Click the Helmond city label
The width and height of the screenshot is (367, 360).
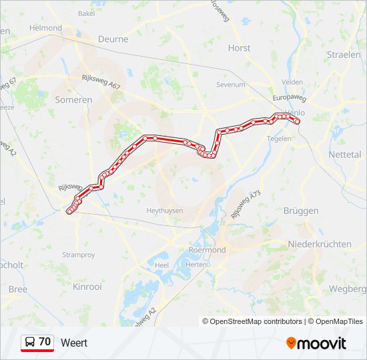tap(45, 28)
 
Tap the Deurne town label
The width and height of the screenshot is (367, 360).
tap(113, 39)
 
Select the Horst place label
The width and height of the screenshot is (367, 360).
tap(239, 48)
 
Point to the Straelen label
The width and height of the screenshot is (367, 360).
tap(344, 55)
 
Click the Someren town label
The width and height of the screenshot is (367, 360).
tap(75, 99)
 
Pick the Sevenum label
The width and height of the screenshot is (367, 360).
tap(231, 85)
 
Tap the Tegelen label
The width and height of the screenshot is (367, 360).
tap(279, 139)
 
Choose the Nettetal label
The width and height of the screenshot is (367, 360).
tap(344, 154)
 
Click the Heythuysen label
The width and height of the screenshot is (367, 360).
tap(164, 210)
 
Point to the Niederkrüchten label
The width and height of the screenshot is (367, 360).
tap(320, 244)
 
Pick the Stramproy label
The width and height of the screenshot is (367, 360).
tap(78, 255)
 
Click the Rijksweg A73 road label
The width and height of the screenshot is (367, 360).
tap(244, 204)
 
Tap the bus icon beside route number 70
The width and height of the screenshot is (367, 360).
tap(30, 342)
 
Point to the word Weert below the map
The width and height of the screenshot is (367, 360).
tap(74, 343)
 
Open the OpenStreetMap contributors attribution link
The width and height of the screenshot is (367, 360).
tap(256, 321)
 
